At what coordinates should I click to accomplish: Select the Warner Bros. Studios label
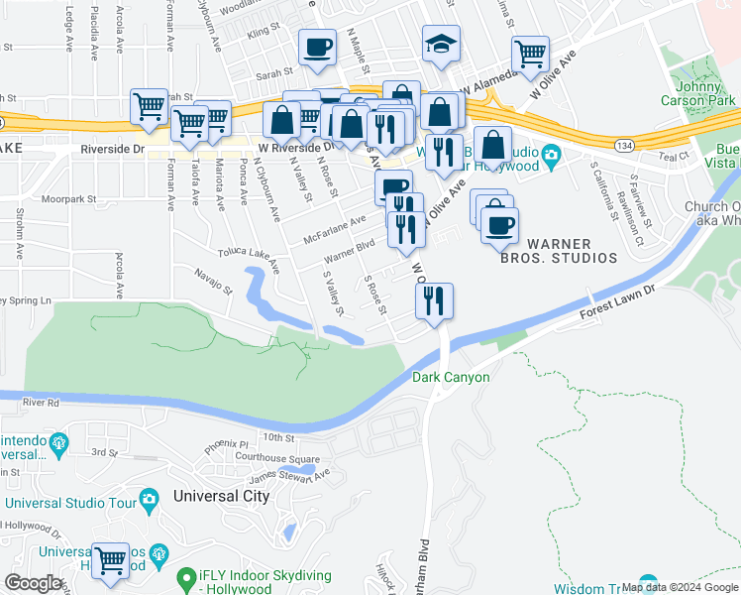click(572, 250)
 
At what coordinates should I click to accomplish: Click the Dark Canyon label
click(451, 377)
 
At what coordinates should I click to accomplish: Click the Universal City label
click(220, 496)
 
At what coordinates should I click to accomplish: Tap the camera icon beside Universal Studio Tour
click(150, 497)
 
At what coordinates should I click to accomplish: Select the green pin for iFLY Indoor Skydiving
click(185, 576)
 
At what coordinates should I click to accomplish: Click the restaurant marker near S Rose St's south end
click(434, 299)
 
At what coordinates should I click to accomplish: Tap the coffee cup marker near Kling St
click(317, 47)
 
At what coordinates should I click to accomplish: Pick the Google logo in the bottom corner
click(33, 583)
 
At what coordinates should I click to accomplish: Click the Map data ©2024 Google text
click(680, 587)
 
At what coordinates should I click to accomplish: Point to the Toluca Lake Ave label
click(248, 260)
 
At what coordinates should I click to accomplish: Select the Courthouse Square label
click(277, 458)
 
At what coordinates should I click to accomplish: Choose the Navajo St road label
click(212, 281)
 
